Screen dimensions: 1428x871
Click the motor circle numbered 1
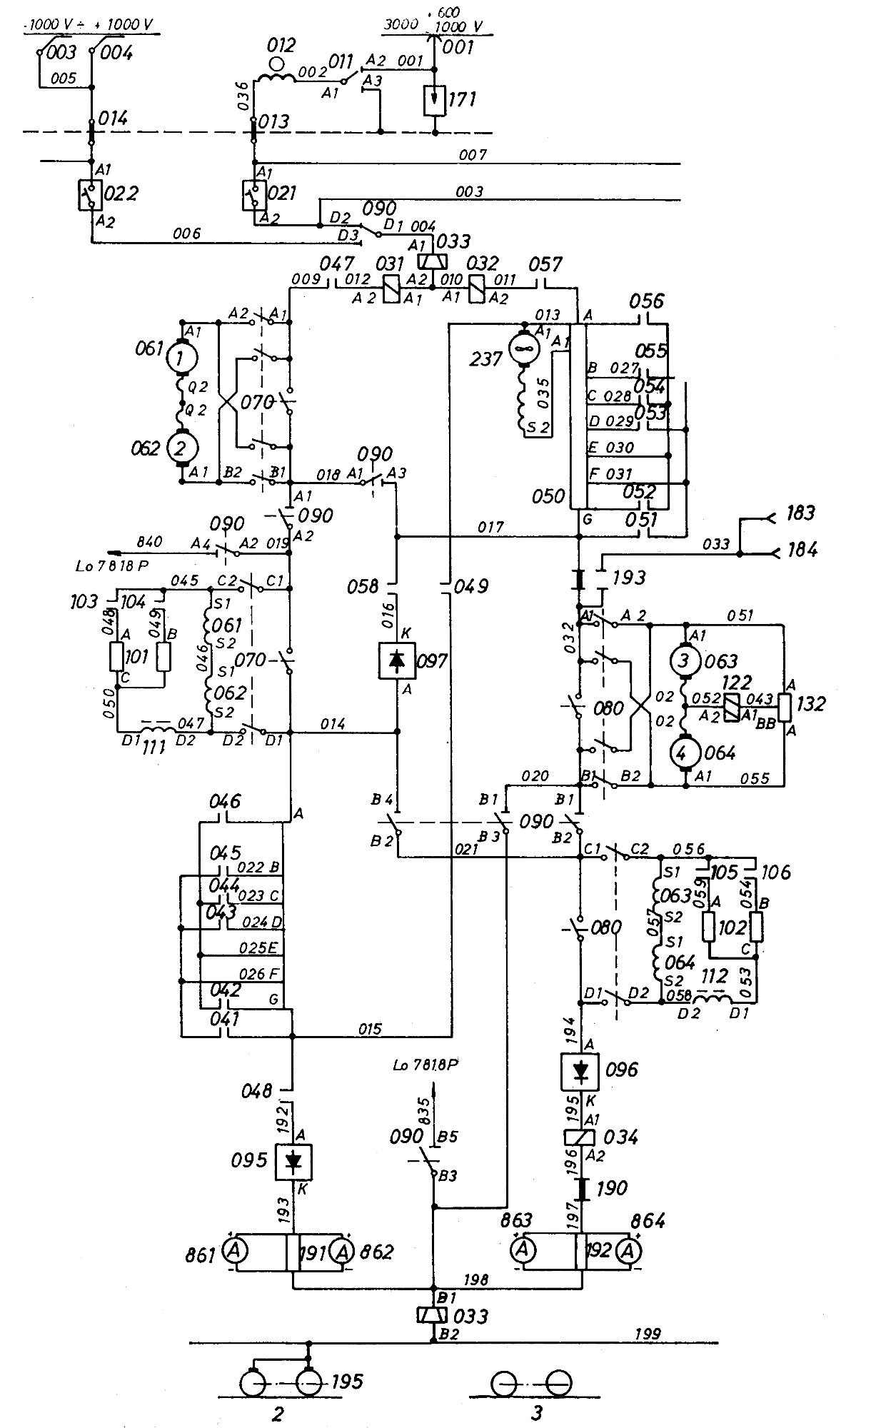(x=181, y=355)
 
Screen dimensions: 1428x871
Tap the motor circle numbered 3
(x=685, y=661)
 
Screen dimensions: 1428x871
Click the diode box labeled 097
(x=397, y=660)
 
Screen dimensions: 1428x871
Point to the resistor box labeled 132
(x=785, y=706)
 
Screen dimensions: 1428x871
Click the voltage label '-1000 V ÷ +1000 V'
(x=89, y=24)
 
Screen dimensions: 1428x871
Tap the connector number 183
(x=800, y=513)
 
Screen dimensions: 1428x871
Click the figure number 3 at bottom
(x=536, y=1412)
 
